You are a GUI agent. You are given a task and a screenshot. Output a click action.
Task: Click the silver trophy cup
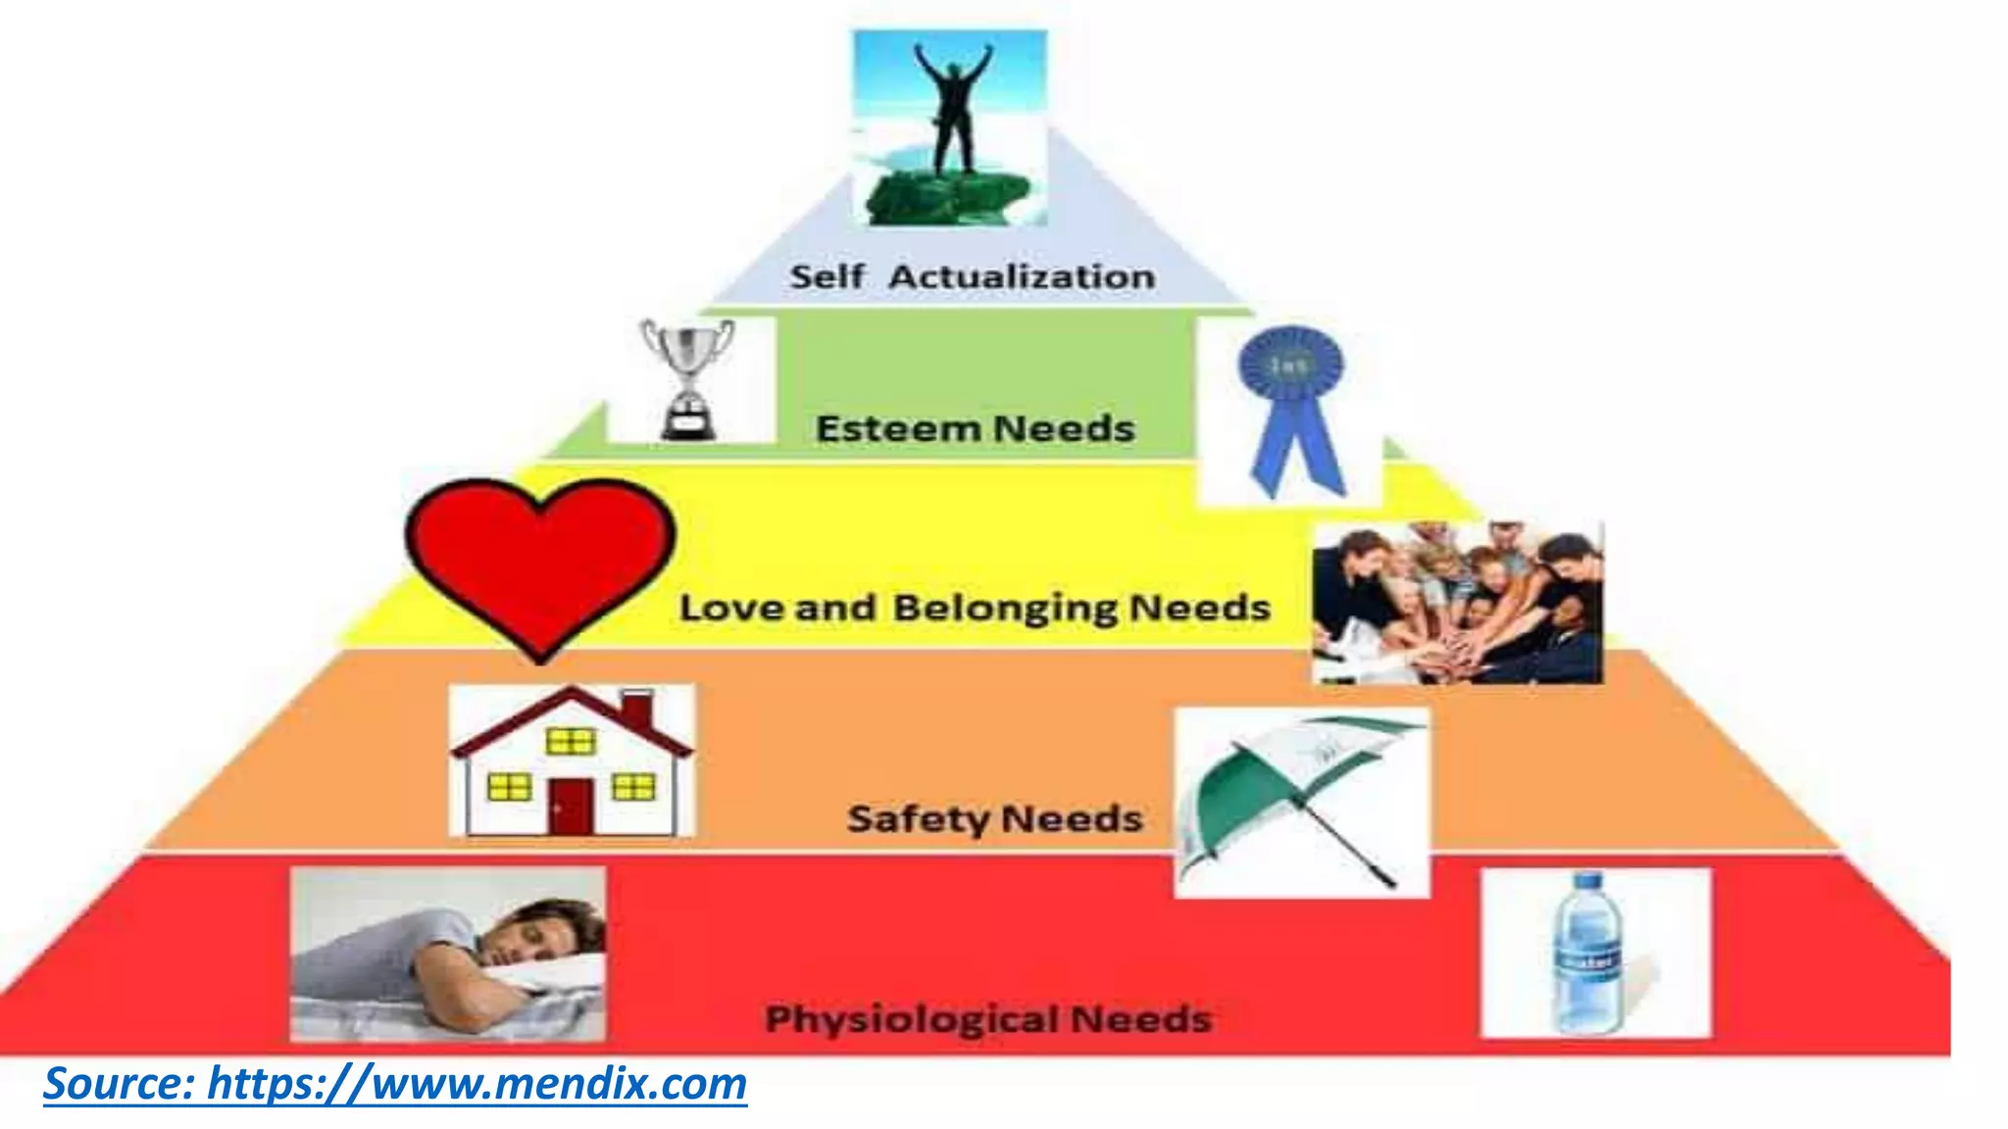pos(687,377)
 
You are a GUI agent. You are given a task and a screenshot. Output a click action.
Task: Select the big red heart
pos(540,559)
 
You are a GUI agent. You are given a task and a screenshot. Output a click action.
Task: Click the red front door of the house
pos(571,806)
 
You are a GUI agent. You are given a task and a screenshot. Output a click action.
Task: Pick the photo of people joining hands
pos(1458,603)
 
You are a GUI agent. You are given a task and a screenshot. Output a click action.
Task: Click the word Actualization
pos(1021,277)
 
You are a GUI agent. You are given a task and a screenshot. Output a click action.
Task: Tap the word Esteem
pos(898,429)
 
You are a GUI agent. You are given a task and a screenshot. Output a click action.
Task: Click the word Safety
pos(918,819)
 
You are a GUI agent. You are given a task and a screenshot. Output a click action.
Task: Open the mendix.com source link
pos(395,1084)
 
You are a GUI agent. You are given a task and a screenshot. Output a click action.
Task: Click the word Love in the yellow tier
pos(730,609)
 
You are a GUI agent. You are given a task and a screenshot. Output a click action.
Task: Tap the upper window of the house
pos(570,742)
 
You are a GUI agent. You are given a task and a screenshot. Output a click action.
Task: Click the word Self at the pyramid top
pos(827,277)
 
